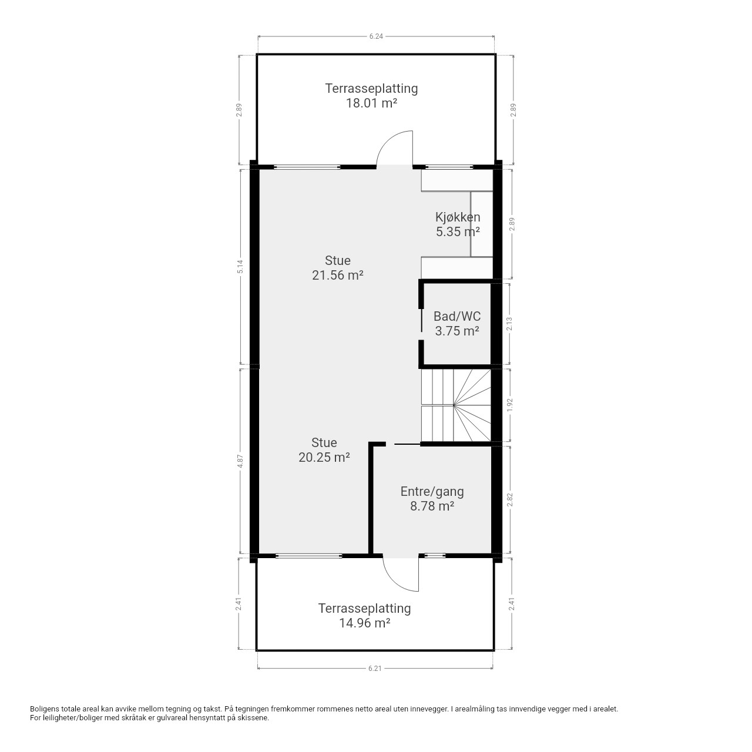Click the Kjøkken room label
pos(457,217)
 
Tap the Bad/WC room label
pos(457,316)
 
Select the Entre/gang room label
pos(432,492)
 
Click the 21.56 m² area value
pos(338,275)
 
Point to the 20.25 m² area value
pos(324,457)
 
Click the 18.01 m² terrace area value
pos(371,103)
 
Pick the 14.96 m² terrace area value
pos(364,623)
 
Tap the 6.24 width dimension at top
pos(376,36)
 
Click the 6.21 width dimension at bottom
pos(375,669)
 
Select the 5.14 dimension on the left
pos(240,267)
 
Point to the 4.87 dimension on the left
pos(240,461)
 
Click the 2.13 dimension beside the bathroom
pos(509,324)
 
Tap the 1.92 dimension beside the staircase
pos(509,405)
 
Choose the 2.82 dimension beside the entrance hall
pos(509,500)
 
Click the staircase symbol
pos(456,405)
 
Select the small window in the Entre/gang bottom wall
pos(435,555)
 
